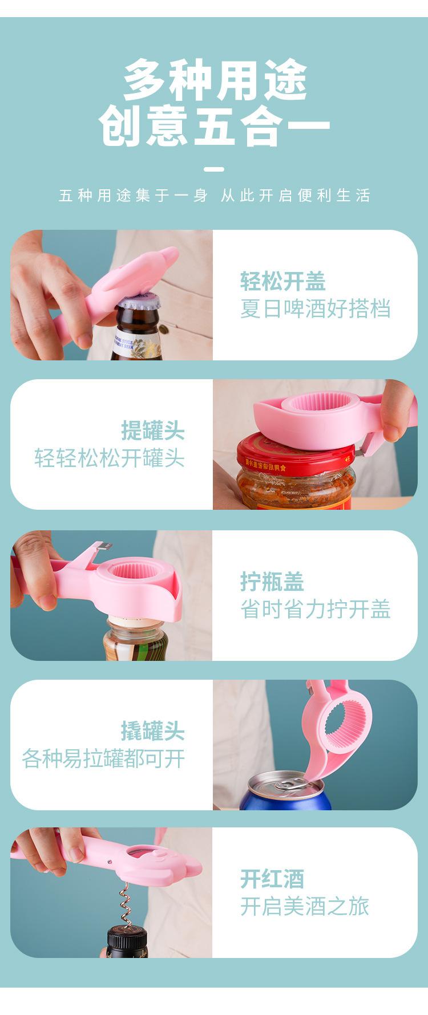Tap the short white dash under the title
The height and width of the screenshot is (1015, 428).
click(214, 169)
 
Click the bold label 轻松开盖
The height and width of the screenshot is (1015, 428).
click(282, 281)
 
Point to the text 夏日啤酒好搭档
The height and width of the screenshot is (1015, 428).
click(315, 309)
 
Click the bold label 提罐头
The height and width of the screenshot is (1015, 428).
click(153, 431)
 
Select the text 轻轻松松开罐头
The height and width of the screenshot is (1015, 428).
click(110, 458)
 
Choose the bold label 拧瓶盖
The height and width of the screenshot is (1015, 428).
click(272, 582)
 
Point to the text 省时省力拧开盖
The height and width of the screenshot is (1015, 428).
click(315, 609)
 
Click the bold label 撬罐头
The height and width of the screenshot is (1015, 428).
click(153, 730)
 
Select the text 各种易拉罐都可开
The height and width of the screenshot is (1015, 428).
click(103, 758)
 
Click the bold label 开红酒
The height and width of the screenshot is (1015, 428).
click(272, 879)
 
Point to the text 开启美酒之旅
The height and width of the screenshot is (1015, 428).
click(304, 906)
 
